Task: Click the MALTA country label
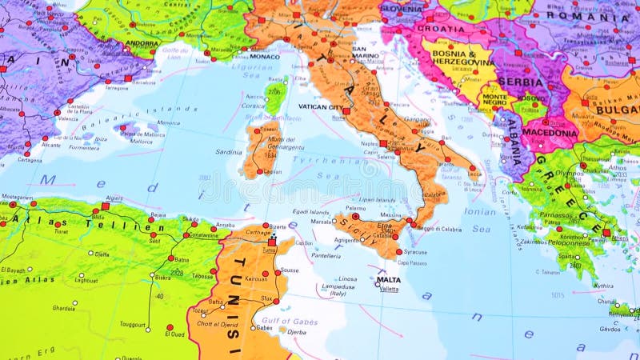[389, 280]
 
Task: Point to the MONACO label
[265, 56]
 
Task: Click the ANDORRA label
[142, 44]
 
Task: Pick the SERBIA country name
[521, 82]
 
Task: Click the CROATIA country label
[439, 27]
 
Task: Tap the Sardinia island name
[229, 152]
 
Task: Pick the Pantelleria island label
[326, 256]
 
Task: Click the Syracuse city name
[417, 252]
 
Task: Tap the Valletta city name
[389, 289]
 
